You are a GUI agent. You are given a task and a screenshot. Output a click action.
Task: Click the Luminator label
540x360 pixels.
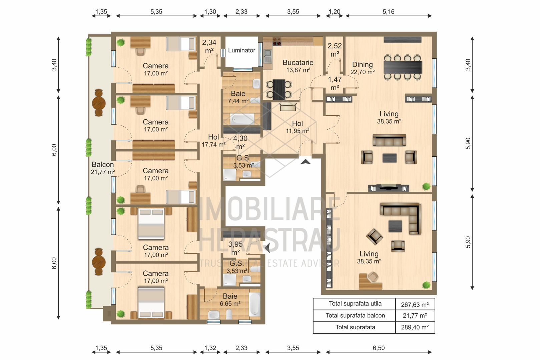[241, 50]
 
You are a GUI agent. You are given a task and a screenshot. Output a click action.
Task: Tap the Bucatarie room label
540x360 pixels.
[298, 62]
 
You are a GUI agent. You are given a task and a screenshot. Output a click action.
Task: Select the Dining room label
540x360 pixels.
[362, 64]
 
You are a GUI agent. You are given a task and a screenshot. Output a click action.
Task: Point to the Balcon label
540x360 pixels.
[103, 164]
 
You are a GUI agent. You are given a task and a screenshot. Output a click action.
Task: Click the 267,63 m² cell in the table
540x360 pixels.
[415, 305]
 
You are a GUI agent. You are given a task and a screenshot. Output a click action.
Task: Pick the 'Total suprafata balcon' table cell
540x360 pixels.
[355, 315]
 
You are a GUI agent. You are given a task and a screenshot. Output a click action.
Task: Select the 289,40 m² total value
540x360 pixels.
[415, 327]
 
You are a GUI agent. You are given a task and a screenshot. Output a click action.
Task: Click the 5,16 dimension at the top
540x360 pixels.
[388, 12]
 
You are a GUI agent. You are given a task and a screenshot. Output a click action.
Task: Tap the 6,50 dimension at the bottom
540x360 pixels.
[379, 348]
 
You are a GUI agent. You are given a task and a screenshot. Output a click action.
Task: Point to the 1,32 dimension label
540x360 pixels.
[210, 348]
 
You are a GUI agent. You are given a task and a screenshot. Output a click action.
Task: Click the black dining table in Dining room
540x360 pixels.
[403, 67]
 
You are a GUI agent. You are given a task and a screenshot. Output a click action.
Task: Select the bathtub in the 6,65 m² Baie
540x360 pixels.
[254, 304]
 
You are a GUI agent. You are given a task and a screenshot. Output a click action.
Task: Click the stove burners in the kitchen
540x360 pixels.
[277, 41]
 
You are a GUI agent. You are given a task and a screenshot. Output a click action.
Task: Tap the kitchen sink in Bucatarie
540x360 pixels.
[267, 56]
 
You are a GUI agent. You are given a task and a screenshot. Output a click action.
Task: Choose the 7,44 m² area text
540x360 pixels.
[238, 101]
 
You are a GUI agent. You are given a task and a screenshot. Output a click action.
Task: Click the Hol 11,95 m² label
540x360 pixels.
[298, 127]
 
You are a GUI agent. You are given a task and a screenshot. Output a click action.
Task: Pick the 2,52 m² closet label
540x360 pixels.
[335, 50]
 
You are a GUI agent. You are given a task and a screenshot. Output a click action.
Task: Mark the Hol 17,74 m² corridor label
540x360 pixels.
[213, 141]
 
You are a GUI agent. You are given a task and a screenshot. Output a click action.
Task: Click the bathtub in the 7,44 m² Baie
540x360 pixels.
[242, 119]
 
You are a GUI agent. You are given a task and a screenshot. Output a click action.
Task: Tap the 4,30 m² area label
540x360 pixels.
[240, 142]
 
